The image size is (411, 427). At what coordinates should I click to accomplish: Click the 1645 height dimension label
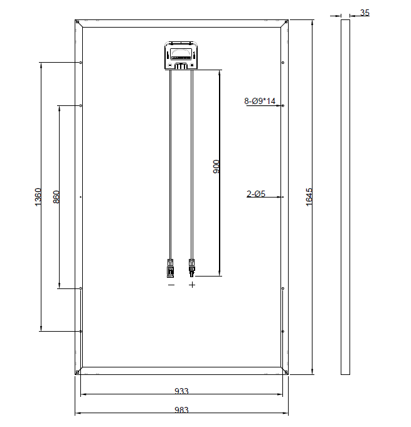click(x=309, y=197)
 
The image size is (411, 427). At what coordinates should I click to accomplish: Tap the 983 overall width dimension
click(x=181, y=409)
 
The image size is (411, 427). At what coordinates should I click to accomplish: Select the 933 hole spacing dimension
click(x=181, y=391)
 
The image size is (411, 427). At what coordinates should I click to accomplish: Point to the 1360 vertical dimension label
click(x=38, y=197)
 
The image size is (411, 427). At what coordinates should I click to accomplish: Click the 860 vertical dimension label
click(x=56, y=197)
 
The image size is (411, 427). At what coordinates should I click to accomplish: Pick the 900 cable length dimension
click(x=216, y=167)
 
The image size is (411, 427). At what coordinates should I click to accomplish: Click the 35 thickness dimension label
click(x=365, y=13)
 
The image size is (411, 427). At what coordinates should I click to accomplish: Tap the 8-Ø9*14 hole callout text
click(x=260, y=101)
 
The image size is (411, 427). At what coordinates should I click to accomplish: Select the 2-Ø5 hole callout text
click(x=256, y=194)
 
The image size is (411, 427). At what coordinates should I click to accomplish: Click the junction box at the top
click(x=181, y=56)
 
